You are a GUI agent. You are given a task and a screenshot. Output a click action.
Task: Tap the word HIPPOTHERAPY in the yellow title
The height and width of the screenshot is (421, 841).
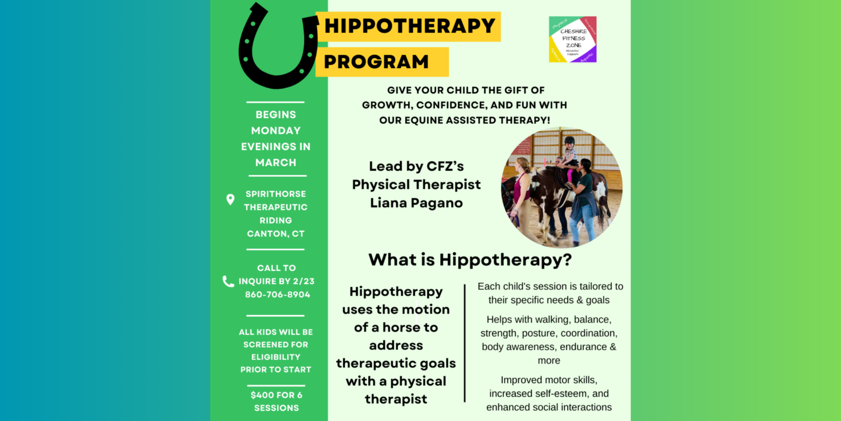click(x=410, y=26)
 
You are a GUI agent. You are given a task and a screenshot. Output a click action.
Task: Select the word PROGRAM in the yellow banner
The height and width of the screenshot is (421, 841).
click(x=376, y=61)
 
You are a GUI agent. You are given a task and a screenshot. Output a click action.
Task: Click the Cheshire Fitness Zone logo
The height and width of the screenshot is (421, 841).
click(x=573, y=39)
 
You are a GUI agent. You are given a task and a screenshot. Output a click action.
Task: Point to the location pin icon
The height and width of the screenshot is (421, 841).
click(x=231, y=200)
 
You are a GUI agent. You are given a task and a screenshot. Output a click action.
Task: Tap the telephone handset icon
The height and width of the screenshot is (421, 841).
click(x=228, y=281)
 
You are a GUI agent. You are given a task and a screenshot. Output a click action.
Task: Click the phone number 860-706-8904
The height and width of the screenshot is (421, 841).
click(x=278, y=294)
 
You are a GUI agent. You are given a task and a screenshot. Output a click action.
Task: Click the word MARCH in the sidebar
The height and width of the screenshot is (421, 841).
click(x=276, y=162)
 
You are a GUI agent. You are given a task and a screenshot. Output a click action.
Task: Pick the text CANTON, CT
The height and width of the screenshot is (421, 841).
click(x=275, y=234)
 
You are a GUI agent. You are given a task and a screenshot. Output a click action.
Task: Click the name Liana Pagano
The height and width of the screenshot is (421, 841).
click(x=416, y=203)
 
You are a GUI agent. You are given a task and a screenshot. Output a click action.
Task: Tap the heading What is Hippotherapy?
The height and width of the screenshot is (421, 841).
click(x=470, y=259)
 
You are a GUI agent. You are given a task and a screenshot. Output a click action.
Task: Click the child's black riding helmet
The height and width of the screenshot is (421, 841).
click(x=569, y=141)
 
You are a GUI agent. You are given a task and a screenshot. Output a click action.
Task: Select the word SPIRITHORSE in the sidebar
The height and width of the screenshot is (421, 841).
click(x=276, y=194)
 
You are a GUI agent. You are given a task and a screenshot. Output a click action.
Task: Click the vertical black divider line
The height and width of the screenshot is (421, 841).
click(x=465, y=343)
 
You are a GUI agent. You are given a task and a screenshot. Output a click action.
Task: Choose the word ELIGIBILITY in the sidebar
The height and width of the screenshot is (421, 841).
click(x=276, y=357)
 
